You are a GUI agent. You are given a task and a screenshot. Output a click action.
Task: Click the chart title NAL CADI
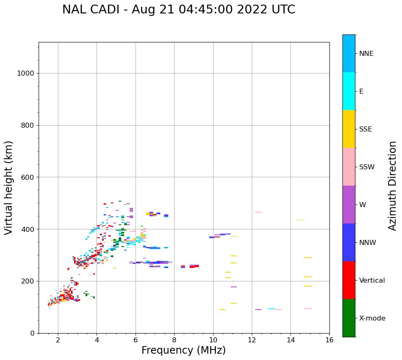pyautogui.click(x=178, y=10)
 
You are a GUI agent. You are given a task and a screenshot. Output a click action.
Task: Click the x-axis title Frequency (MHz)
pyautogui.click(x=183, y=350)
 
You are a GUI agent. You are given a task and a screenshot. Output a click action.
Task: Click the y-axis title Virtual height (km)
pyautogui.click(x=9, y=188)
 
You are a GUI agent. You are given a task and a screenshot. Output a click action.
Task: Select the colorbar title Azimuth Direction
pyautogui.click(x=392, y=186)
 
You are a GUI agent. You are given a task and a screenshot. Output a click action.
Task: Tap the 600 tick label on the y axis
pyautogui.click(x=27, y=177)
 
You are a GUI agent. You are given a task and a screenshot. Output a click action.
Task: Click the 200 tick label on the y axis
pyautogui.click(x=27, y=281)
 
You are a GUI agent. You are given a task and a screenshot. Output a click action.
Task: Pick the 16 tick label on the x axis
pyautogui.click(x=329, y=340)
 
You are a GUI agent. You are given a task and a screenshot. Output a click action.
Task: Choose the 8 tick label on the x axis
pyautogui.click(x=213, y=340)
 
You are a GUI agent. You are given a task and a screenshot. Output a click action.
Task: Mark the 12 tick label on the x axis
pyautogui.click(x=252, y=340)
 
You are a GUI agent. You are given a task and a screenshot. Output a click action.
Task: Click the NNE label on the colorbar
pyautogui.click(x=366, y=54)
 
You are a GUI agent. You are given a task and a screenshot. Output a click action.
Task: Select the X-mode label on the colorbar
pyautogui.click(x=372, y=318)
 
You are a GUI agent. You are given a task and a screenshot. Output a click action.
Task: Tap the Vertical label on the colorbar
pyautogui.click(x=372, y=281)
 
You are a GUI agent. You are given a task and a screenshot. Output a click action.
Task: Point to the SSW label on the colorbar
pyautogui.click(x=367, y=167)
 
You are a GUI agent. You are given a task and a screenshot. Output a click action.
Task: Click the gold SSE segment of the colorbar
pyautogui.click(x=349, y=129)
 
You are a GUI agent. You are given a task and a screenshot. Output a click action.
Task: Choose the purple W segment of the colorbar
pyautogui.click(x=349, y=205)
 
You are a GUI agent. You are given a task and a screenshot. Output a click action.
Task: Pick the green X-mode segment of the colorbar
pyautogui.click(x=349, y=318)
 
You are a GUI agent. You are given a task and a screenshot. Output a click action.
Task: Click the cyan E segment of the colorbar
pyautogui.click(x=349, y=91)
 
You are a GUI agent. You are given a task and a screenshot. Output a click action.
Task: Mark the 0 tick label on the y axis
pyautogui.click(x=32, y=333)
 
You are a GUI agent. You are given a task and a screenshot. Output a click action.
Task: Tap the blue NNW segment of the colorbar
pyautogui.click(x=349, y=242)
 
